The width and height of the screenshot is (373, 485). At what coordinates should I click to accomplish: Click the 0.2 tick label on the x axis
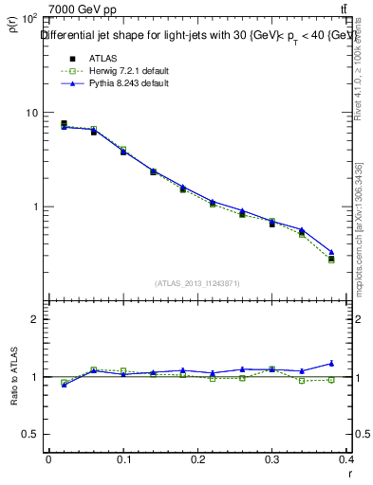[x=198, y=460]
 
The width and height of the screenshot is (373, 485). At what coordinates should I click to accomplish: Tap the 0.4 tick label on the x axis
[x=347, y=460]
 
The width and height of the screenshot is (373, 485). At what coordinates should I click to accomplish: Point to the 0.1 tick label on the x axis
[x=123, y=460]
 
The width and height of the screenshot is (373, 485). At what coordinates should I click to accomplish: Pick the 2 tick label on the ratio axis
[x=33, y=319]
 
